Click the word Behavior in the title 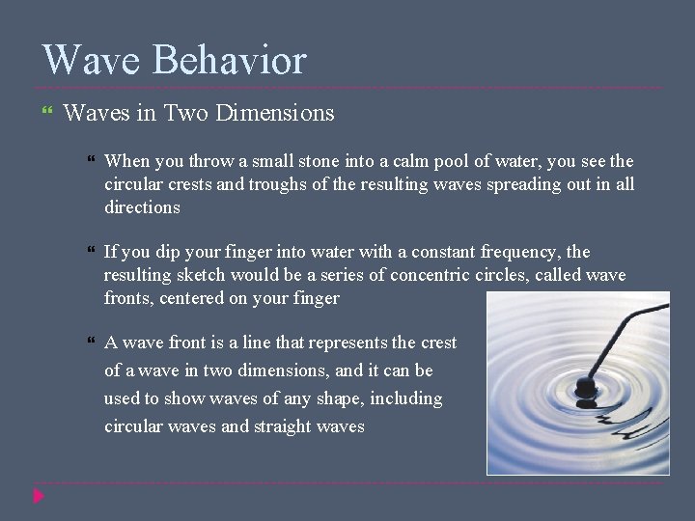coord(230,60)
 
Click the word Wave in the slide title coord(92,60)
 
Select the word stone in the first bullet coord(298,161)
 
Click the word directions coord(142,207)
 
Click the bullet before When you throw coord(90,161)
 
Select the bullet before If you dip coord(90,252)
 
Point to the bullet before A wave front coord(90,343)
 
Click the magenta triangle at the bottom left coord(38,496)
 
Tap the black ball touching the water coord(585,387)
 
